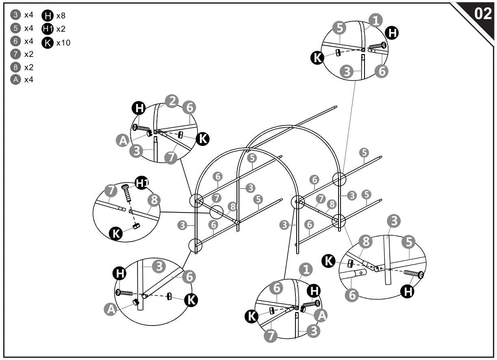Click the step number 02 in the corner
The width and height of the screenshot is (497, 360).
coord(483,14)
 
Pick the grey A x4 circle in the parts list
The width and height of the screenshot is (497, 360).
coord(15,80)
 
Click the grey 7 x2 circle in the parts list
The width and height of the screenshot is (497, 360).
coord(15,54)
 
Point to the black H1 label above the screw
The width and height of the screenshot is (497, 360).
coord(141,183)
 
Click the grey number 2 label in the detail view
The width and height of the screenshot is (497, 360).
coord(172,101)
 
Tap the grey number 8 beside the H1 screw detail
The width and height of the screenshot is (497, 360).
coord(154,200)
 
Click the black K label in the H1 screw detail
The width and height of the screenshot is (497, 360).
coord(116,234)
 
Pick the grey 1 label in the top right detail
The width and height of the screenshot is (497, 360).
coord(376,20)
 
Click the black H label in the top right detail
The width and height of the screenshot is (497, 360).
coord(392,33)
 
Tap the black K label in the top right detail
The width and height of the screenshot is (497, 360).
coord(317,58)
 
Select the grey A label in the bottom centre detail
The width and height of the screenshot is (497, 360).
coord(321,315)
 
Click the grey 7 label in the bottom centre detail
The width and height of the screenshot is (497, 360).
coord(271,336)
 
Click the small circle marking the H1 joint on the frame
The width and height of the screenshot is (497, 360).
coord(216,212)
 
